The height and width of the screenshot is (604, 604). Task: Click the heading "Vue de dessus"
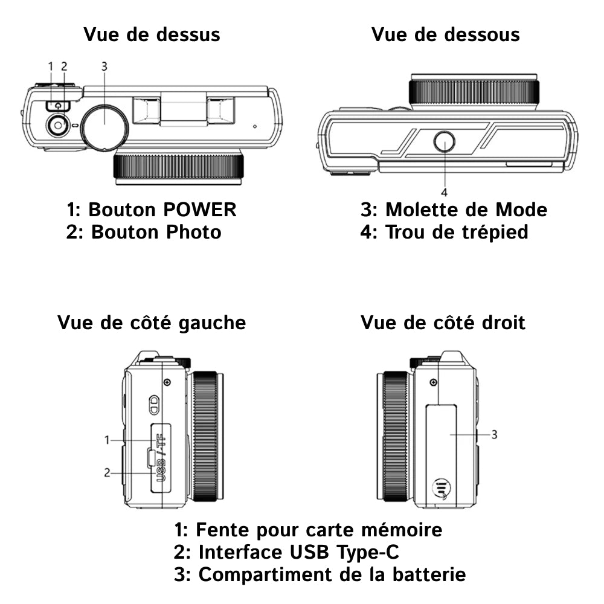click(152, 34)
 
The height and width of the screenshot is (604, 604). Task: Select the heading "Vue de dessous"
click(445, 34)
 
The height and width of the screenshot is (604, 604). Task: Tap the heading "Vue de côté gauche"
click(152, 323)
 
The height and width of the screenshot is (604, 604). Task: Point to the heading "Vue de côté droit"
click(443, 323)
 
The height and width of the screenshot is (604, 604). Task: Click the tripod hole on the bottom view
click(445, 143)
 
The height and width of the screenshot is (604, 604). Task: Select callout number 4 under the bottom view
click(445, 193)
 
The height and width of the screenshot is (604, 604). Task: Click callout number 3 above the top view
click(104, 66)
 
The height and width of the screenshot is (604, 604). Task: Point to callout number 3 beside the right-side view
click(494, 434)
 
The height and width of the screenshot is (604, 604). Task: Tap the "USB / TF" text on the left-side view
click(161, 457)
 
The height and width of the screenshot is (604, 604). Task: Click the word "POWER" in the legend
click(200, 210)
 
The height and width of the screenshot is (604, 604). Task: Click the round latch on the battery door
click(442, 489)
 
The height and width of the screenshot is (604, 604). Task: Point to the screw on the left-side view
click(167, 382)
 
